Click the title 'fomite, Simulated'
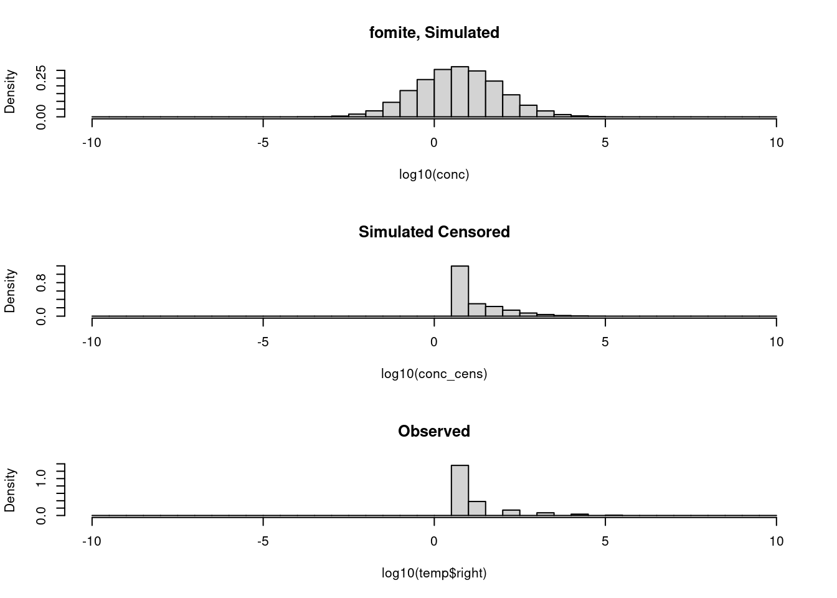434,32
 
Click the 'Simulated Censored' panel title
434,232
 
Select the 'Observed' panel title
434,431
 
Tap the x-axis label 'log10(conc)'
434,174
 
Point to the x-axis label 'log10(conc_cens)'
434,374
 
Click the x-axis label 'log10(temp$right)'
434,573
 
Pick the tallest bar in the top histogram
460,92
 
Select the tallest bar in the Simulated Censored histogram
460,291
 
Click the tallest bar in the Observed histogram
460,490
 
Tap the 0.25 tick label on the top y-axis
41,78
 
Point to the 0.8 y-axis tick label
41,281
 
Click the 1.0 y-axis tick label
41,478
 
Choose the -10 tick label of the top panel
92,143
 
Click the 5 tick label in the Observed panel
605,541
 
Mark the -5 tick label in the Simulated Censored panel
263,342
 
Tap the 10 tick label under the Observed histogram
776,541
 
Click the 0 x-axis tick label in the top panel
434,143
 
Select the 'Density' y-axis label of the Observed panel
10,490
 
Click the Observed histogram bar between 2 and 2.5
511,513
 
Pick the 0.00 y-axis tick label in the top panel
41,117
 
